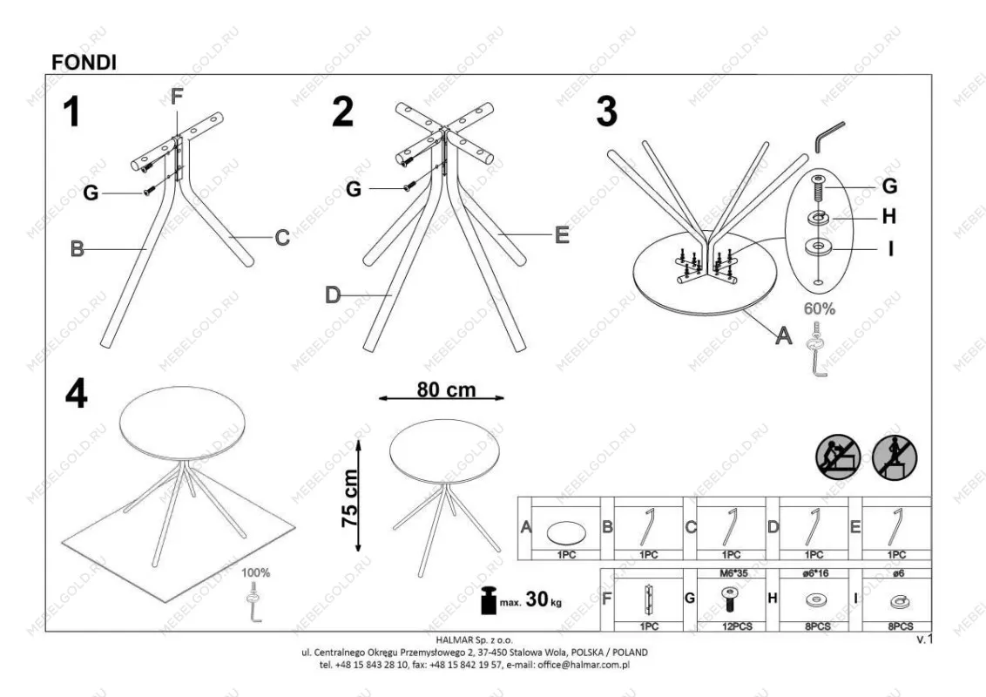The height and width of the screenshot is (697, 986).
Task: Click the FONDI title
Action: pyautogui.click(x=84, y=62)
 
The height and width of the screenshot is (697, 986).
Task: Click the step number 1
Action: pyautogui.click(x=72, y=112)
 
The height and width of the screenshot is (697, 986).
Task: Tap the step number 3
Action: pyautogui.click(x=607, y=112)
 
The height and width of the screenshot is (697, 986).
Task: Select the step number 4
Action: pyautogui.click(x=76, y=395)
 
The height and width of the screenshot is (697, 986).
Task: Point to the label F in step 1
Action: pyautogui.click(x=177, y=97)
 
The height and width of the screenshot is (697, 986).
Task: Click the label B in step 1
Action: pyautogui.click(x=77, y=249)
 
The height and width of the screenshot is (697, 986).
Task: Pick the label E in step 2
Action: pyautogui.click(x=562, y=235)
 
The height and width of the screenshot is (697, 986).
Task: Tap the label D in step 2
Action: pyautogui.click(x=333, y=294)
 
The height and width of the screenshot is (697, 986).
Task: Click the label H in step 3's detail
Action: pyautogui.click(x=888, y=216)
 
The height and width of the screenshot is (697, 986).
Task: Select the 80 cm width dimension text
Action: pyautogui.click(x=447, y=390)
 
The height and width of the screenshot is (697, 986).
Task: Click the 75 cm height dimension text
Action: pyautogui.click(x=349, y=498)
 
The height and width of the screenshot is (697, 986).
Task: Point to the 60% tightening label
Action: pyautogui.click(x=820, y=309)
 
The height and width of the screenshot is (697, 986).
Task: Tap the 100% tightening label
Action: pyautogui.click(x=256, y=572)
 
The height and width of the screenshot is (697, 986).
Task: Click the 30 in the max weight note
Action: pyautogui.click(x=537, y=599)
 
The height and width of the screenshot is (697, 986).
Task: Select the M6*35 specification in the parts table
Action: pyautogui.click(x=733, y=573)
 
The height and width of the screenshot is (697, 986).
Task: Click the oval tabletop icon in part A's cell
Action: pyautogui.click(x=566, y=533)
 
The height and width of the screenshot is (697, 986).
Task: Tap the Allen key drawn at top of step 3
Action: pyautogui.click(x=829, y=137)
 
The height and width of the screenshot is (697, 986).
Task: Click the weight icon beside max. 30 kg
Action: pyautogui.click(x=489, y=600)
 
